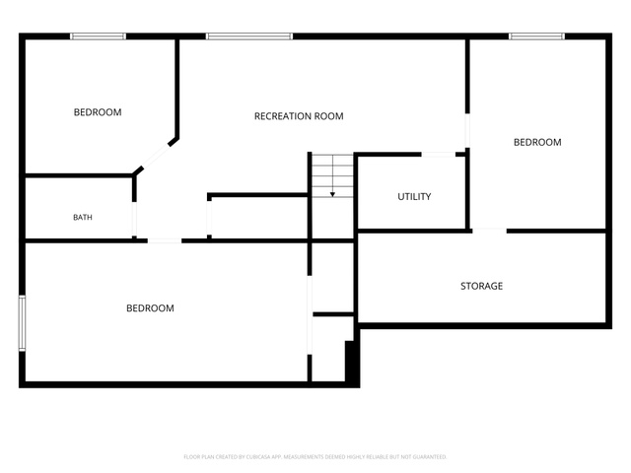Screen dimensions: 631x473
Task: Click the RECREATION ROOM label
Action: [299, 116]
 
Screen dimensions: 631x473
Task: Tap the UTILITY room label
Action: [414, 197]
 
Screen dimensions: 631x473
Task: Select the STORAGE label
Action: [481, 286]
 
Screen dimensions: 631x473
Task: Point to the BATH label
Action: [83, 217]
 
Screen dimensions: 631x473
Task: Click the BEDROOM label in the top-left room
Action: [98, 112]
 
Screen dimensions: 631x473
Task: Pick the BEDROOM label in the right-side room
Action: [537, 142]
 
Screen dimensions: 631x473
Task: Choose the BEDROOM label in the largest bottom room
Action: [150, 308]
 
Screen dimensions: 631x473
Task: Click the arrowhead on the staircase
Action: [333, 195]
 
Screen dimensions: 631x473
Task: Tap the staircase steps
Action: [333, 175]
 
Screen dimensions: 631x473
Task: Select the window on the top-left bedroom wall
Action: [99, 36]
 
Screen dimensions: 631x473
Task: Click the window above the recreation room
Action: [249, 36]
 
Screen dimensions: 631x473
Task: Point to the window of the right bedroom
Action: [536, 36]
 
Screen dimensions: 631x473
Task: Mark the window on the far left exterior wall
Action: [22, 323]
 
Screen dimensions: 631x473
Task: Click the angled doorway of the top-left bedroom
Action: [156, 156]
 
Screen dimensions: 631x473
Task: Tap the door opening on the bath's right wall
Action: [134, 219]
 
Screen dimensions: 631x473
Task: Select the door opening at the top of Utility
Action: [438, 155]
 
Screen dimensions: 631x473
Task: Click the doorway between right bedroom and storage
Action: [489, 231]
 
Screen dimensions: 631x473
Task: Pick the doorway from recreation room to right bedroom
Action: [467, 131]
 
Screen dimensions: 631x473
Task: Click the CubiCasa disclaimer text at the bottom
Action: [315, 457]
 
